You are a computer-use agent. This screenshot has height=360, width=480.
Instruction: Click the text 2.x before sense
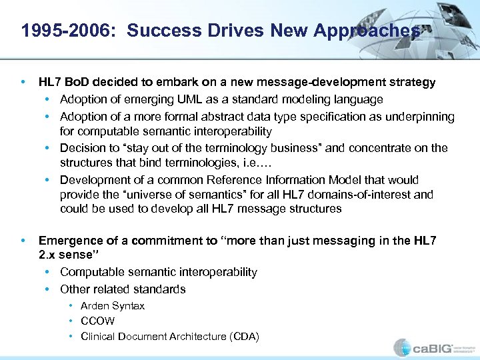pyautogui.click(x=49, y=255)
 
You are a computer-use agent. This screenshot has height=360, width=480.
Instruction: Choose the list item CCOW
pyautogui.click(x=97, y=321)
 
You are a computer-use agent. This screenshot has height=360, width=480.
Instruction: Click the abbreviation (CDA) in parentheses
pyautogui.click(x=244, y=336)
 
